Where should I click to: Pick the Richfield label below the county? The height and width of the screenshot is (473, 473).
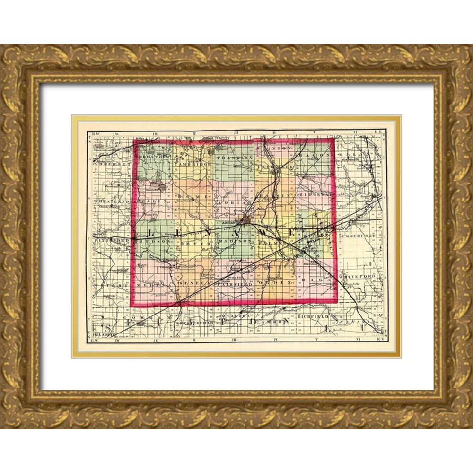pos(313,315)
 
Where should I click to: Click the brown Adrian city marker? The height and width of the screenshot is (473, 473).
pos(245,220)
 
